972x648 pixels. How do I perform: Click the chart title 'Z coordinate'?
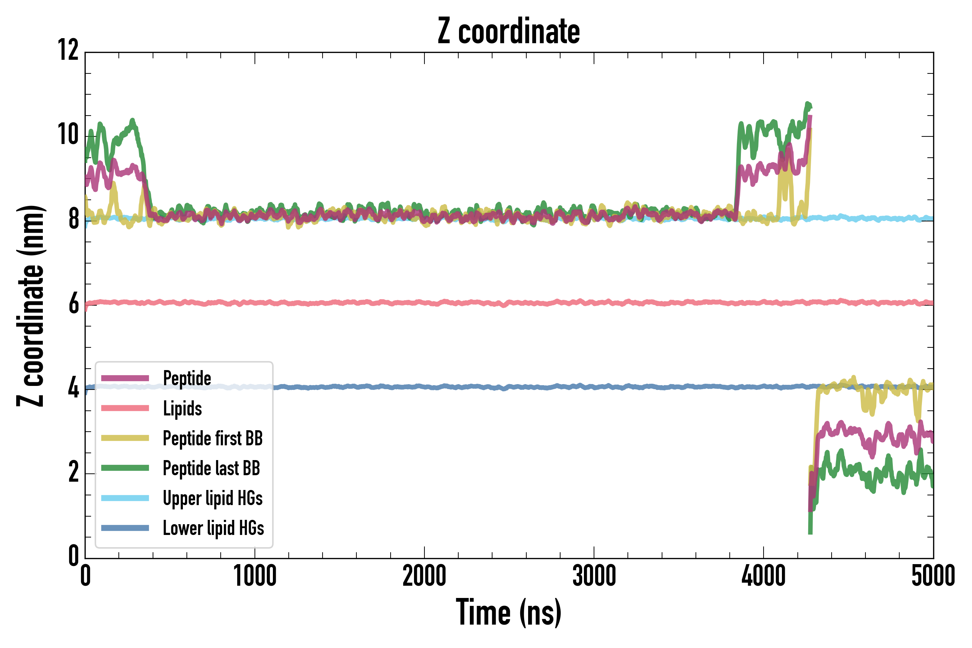[509, 31]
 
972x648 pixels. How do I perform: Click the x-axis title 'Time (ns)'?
[509, 612]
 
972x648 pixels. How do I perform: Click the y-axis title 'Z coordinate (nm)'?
[30, 306]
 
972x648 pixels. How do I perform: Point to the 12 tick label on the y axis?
[68, 50]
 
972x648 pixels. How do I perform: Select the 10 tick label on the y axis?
[68, 135]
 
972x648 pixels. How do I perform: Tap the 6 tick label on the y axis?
[73, 304]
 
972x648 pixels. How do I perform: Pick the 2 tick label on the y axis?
[73, 472]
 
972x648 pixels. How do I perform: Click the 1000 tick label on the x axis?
[255, 576]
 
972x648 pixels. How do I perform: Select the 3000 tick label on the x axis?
[594, 576]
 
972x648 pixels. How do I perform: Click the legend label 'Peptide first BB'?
[213, 438]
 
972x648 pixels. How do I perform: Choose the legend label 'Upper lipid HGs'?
[213, 498]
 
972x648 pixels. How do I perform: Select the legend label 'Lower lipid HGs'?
[213, 528]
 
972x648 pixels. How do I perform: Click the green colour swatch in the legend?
[125, 468]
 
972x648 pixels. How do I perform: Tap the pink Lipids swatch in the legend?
[125, 408]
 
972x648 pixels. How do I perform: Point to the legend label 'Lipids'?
[182, 408]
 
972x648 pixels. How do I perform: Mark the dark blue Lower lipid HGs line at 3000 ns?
[594, 387]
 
